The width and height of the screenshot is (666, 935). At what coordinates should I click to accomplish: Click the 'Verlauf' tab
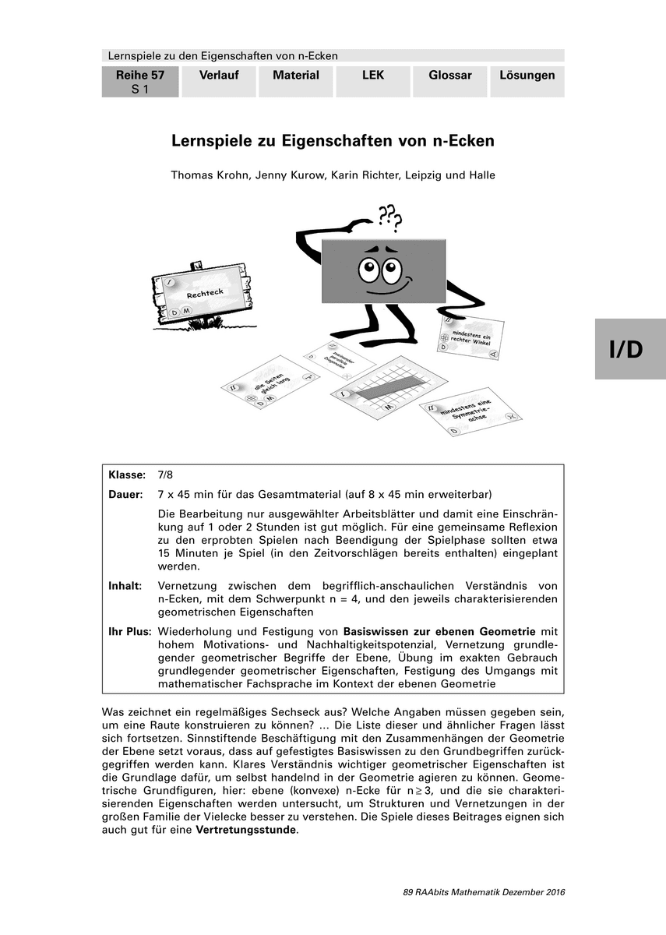click(x=218, y=76)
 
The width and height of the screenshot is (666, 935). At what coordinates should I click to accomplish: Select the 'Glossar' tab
click(x=449, y=76)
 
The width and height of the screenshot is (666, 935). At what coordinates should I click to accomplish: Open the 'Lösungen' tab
click(x=527, y=76)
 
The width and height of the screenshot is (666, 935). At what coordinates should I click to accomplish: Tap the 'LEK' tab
click(x=373, y=76)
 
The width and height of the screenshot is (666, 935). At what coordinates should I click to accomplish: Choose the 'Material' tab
click(x=296, y=76)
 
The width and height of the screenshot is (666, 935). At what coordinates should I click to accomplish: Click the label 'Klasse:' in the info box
click(x=127, y=475)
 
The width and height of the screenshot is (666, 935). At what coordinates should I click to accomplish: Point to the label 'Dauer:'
click(x=126, y=495)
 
